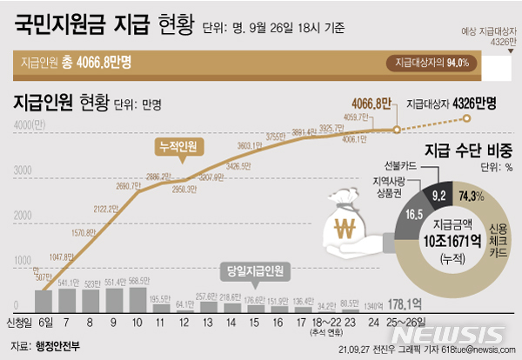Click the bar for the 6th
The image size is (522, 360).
point(43,299)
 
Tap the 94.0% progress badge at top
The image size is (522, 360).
point(432,63)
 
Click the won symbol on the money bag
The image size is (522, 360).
point(347,232)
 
